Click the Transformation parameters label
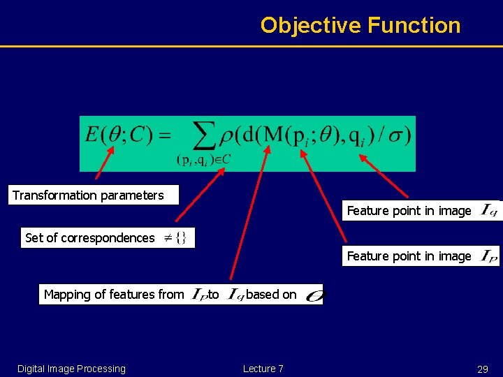click(88, 195)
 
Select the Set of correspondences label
click(89, 238)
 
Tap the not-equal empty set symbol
click(175, 238)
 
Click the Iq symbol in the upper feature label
click(489, 210)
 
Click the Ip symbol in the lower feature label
click(489, 256)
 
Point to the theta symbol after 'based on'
click(314, 295)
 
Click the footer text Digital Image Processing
click(71, 369)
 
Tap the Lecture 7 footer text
click(263, 369)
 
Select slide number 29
click(482, 369)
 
